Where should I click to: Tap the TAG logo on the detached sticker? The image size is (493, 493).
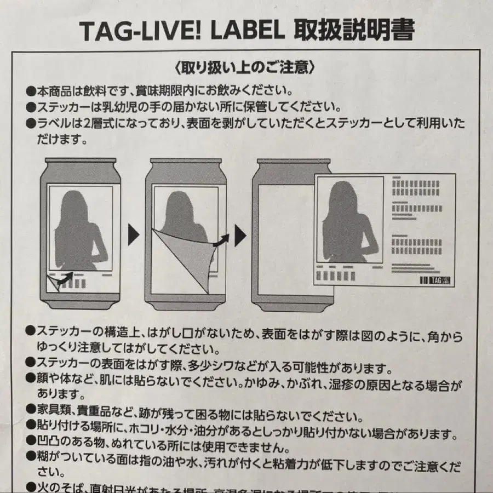coord(437,279)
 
